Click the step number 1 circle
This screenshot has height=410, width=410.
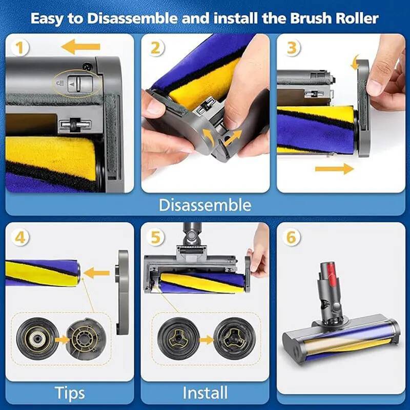pos(20,48)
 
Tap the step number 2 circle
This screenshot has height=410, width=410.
pos(156,48)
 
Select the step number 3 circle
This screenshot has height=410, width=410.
pos(292,48)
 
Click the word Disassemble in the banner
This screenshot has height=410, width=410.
pos(205,205)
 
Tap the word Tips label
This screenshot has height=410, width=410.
pos(70,393)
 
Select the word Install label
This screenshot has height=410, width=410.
pos(205,393)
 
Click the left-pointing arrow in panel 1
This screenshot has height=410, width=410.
pos(80,48)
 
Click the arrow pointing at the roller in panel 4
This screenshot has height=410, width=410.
pos(97,273)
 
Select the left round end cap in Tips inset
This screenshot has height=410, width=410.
pos(37,339)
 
